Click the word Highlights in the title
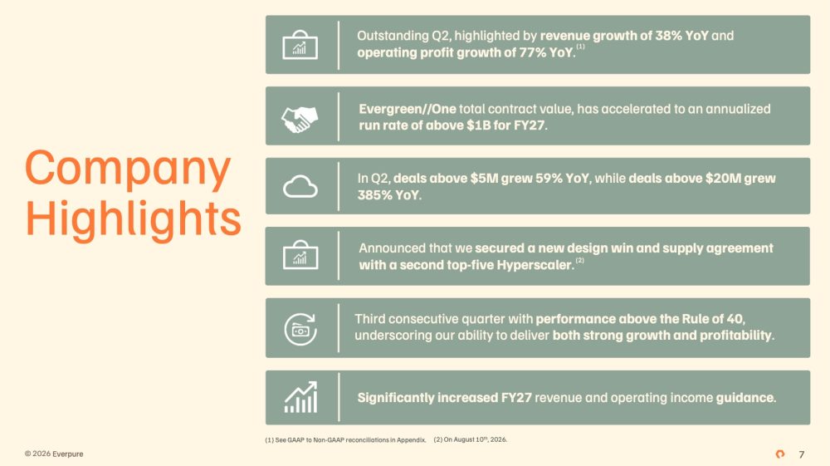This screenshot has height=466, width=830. tap(133, 218)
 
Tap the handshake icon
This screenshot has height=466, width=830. tap(300, 119)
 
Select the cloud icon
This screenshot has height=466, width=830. tap(300, 186)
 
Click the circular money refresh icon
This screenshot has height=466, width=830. tap(300, 330)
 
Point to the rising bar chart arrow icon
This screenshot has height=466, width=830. tap(300, 397)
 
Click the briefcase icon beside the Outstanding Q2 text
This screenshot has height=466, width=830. tap(300, 45)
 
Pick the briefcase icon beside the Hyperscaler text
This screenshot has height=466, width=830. tap(300, 255)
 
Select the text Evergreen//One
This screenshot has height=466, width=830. tap(407, 109)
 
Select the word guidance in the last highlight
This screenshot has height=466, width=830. tap(746, 398)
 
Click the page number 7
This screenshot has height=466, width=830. tap(802, 454)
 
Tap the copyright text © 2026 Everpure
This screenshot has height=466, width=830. tap(54, 454)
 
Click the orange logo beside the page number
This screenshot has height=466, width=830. tap(779, 454)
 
